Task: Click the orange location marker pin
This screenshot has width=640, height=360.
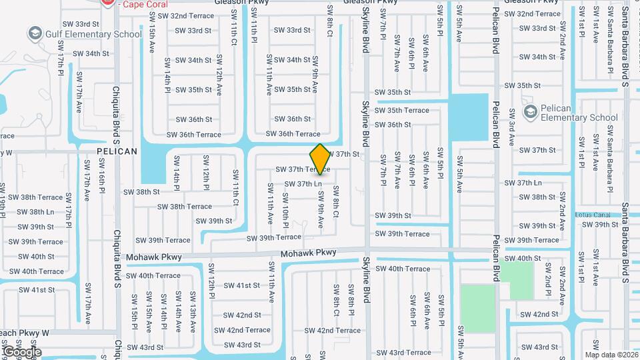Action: [x=320, y=159]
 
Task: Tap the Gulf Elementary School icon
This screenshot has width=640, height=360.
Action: [x=34, y=33]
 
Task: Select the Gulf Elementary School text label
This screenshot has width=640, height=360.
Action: [x=93, y=34]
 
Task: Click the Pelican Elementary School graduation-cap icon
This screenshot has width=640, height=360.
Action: [x=531, y=111]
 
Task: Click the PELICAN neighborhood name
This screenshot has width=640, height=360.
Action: [x=117, y=151]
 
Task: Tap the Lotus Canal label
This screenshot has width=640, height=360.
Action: [x=593, y=215]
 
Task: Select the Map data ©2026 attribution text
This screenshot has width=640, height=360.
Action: [x=611, y=355]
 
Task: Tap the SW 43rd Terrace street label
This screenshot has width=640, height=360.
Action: [x=405, y=353]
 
